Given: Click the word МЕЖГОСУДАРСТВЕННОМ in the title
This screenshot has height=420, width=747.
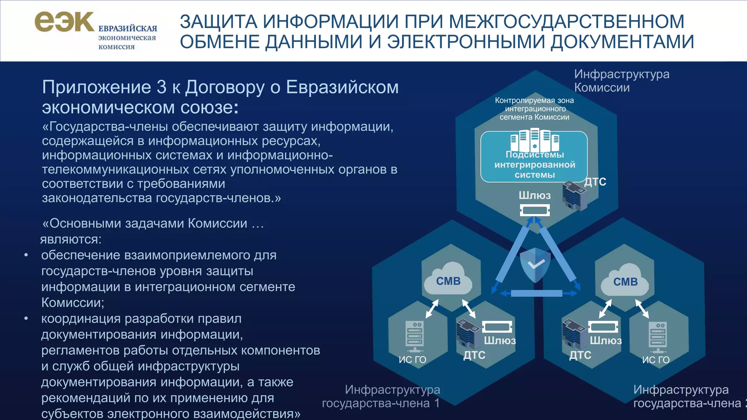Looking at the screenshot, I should coord(566,22).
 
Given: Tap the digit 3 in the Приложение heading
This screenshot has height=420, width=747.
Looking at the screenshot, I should coord(161,87).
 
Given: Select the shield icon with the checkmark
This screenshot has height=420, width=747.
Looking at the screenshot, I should coord(535,265).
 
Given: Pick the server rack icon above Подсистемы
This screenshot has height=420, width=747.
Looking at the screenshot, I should coord(534,140).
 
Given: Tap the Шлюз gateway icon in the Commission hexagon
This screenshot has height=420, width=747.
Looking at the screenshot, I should coord(534,210).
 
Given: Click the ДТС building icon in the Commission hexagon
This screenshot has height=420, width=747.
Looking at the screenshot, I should coord(574,196).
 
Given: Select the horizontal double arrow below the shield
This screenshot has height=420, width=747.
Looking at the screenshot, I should coord(536,293).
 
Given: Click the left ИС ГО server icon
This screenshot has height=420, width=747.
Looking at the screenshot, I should coord(414,336).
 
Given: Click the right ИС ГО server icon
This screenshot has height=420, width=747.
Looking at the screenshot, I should coord(658,337).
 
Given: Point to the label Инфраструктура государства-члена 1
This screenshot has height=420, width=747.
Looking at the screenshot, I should coord(381,396).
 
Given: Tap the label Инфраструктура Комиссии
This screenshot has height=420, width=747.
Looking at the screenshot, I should coord(622,81).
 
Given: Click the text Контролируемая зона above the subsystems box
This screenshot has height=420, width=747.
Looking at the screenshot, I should coord(534,101).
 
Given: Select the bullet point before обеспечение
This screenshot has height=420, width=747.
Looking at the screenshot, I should coord(26,255).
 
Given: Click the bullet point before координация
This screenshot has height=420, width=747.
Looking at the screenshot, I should coord(26,319).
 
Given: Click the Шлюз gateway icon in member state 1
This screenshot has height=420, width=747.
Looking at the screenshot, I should coord(497,326).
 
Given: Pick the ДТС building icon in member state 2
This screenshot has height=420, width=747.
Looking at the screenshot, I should coord(574,333).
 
